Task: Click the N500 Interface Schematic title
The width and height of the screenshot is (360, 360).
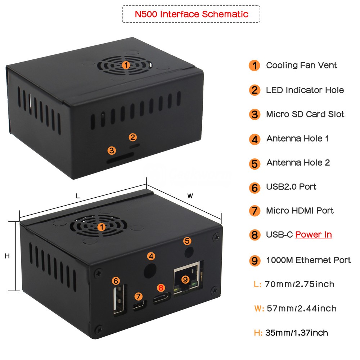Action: pyautogui.click(x=191, y=14)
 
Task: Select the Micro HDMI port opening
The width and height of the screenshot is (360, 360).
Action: pyautogui.click(x=139, y=306)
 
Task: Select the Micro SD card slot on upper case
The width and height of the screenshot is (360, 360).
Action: pyautogui.click(x=120, y=158)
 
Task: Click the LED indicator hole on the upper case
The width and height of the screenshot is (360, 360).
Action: pyautogui.click(x=135, y=145)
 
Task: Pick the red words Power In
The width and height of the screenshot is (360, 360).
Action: pyautogui.click(x=314, y=234)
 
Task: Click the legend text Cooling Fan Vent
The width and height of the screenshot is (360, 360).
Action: pyautogui.click(x=301, y=66)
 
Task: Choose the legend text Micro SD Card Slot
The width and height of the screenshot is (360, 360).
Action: pyautogui.click(x=305, y=114)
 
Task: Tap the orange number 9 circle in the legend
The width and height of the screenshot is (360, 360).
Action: pyautogui.click(x=255, y=261)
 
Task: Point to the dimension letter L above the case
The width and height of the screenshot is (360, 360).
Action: pyautogui.click(x=78, y=196)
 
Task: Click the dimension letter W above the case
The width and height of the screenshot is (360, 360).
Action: pyautogui.click(x=190, y=196)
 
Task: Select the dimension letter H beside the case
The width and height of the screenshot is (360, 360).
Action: pyautogui.click(x=7, y=256)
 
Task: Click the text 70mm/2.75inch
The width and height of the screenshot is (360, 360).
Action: pyautogui.click(x=300, y=284)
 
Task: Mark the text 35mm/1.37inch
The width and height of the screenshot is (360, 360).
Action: pyautogui.click(x=296, y=333)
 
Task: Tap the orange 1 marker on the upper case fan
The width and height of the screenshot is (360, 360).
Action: pyautogui.click(x=126, y=65)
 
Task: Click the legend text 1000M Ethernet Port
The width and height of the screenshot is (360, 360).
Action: pyautogui.click(x=308, y=260)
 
